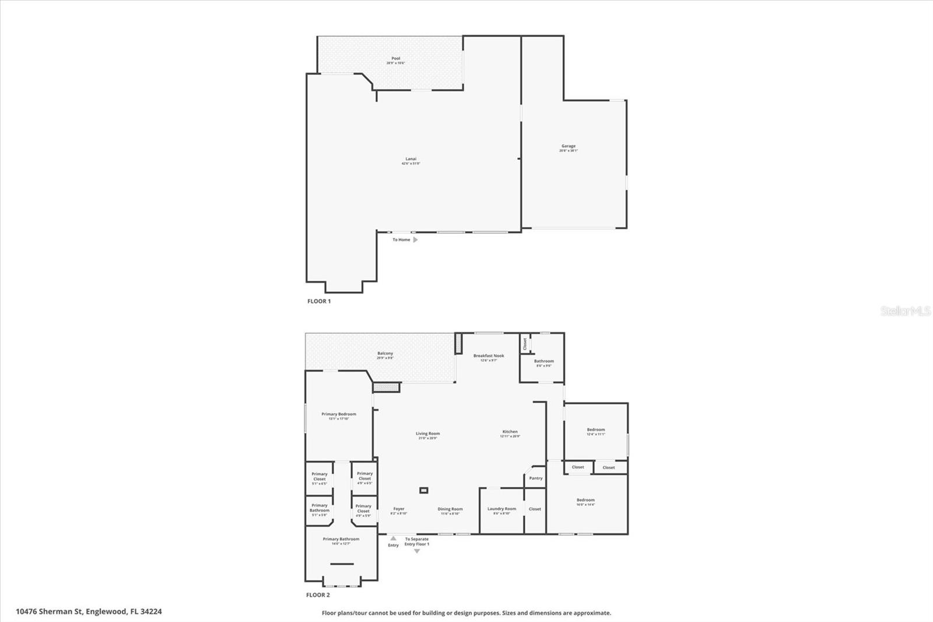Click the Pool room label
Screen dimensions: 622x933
click(x=396, y=59)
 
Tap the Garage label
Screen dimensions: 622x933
click(x=569, y=146)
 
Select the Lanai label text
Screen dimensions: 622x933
click(x=411, y=159)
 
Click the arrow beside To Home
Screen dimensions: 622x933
click(x=415, y=240)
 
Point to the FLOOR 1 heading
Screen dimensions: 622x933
click(x=319, y=301)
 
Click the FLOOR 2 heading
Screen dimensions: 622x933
click(x=318, y=595)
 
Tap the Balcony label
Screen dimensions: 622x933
click(x=385, y=354)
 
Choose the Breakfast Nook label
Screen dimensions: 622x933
click(x=489, y=356)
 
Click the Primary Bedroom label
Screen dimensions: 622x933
click(x=339, y=414)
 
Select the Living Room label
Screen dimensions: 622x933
click(x=427, y=434)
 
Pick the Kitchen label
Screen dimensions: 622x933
click(x=510, y=432)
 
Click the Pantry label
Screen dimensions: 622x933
click(x=536, y=478)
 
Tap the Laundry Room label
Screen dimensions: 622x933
click(x=501, y=509)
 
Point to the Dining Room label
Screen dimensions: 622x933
click(x=450, y=509)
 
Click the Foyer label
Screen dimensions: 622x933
click(x=399, y=509)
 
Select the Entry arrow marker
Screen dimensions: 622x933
click(x=393, y=539)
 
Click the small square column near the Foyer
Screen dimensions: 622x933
click(x=424, y=490)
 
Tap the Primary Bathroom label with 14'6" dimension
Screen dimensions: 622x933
click(x=341, y=540)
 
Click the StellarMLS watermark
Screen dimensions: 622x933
click(x=906, y=311)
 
